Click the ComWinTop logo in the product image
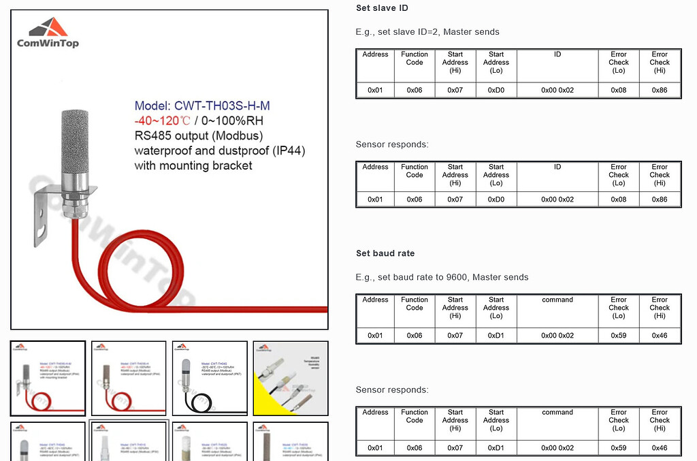click(47, 33)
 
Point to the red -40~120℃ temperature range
click(163, 121)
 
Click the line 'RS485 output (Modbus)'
click(198, 136)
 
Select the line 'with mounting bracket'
click(193, 165)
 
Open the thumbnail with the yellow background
click(290, 378)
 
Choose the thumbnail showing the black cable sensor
click(209, 378)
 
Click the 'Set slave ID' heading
click(382, 8)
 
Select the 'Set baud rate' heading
click(385, 253)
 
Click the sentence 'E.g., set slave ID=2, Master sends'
click(427, 32)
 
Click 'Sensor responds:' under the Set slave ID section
click(392, 144)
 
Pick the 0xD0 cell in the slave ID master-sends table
click(496, 90)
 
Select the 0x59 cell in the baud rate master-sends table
click(618, 335)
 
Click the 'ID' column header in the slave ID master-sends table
click(557, 54)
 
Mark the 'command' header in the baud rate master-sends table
click(557, 300)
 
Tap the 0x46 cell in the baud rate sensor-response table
click(660, 447)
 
